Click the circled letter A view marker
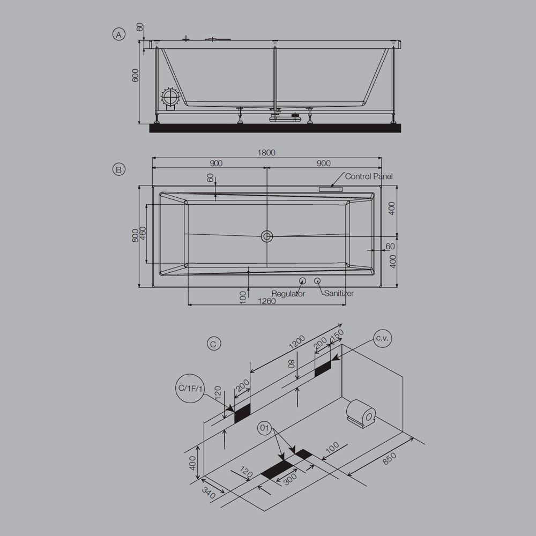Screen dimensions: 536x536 point(118,35)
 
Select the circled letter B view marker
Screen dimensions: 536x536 point(118,169)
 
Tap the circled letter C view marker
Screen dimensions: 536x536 point(213,344)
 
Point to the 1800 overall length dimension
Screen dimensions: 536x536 point(266,153)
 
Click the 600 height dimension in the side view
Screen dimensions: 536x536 point(136,76)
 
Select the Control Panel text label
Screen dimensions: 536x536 point(369,176)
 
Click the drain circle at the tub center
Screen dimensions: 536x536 point(267,236)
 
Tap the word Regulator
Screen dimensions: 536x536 point(288,294)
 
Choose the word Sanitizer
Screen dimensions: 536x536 point(339,294)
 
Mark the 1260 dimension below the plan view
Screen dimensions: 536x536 point(266,301)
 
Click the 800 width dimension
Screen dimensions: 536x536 point(136,236)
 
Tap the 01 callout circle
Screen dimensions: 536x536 point(264,428)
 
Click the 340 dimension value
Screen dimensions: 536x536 point(209,493)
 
